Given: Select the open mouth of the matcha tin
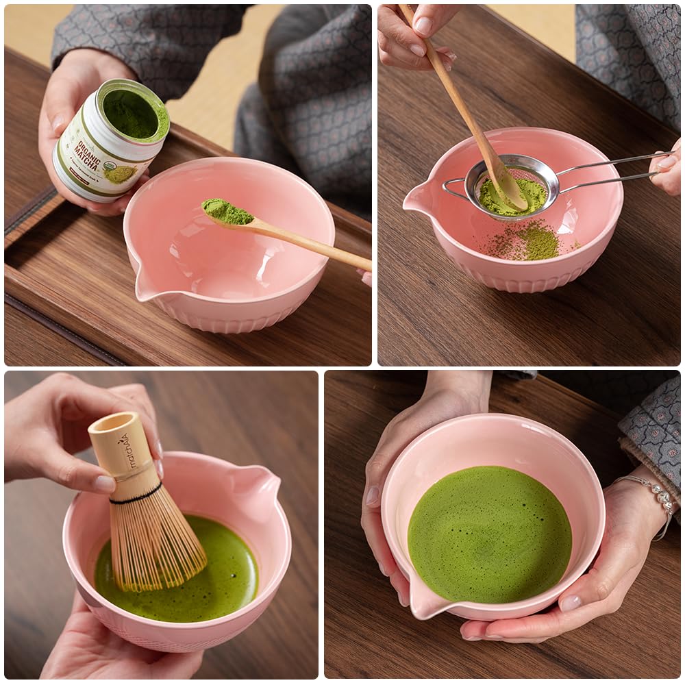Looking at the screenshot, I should tap(134, 110).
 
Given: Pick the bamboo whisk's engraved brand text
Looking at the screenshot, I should tap(125, 453).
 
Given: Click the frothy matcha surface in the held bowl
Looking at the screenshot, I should tap(489, 534).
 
